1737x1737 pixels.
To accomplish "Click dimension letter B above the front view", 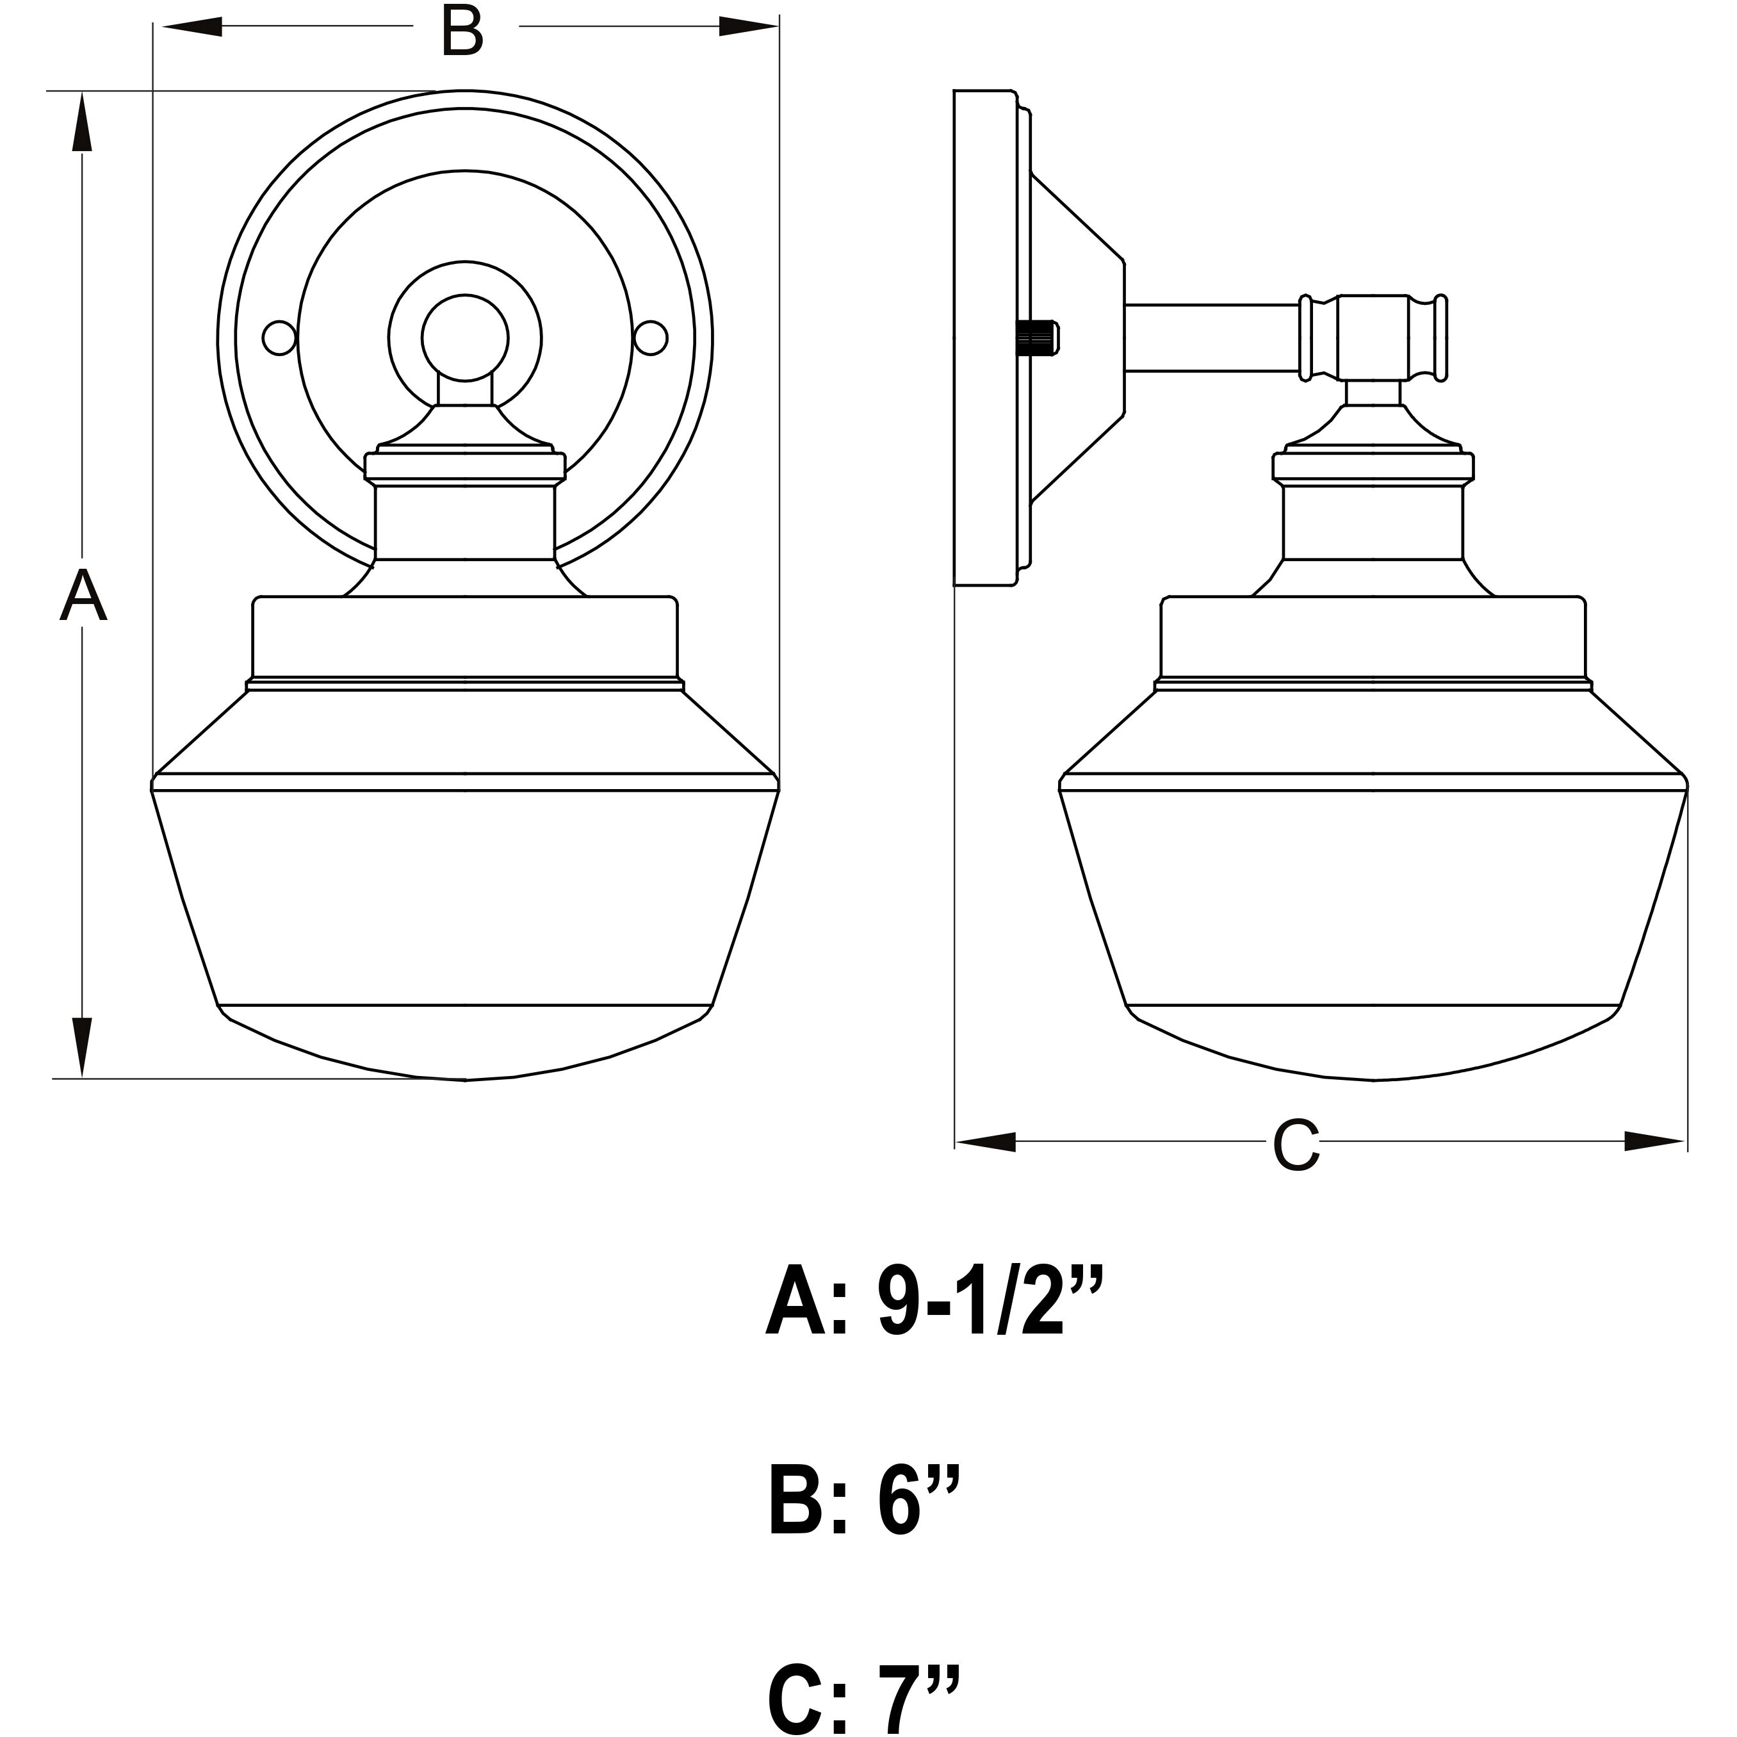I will pyautogui.click(x=462, y=31).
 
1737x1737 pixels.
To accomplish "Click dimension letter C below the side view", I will pyautogui.click(x=1296, y=1145).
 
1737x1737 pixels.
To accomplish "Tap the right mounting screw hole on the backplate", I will pyautogui.click(x=651, y=338).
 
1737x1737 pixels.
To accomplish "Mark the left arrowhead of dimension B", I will pyautogui.click(x=191, y=27).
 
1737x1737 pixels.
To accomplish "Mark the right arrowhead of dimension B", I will pyautogui.click(x=747, y=27).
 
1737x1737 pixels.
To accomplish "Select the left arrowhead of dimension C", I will pyautogui.click(x=985, y=1142).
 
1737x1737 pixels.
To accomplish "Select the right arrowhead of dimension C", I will pyautogui.click(x=1654, y=1142).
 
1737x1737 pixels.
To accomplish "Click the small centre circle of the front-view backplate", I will pyautogui.click(x=465, y=338).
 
